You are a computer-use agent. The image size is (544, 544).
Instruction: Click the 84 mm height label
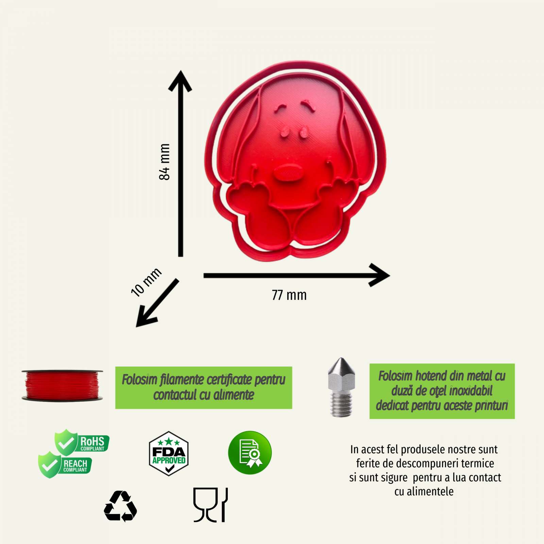pyautogui.click(x=164, y=162)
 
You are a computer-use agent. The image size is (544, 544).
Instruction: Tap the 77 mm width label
pyautogui.click(x=289, y=295)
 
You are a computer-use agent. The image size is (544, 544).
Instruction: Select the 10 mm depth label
pyautogui.click(x=146, y=282)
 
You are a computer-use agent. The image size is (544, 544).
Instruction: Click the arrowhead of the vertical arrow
pyautogui.click(x=180, y=81)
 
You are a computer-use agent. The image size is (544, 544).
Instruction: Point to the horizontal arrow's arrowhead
pyautogui.click(x=379, y=275)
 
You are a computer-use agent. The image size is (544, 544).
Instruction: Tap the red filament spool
pyautogui.click(x=62, y=386)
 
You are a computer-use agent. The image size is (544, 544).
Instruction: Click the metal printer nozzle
pyautogui.click(x=341, y=387)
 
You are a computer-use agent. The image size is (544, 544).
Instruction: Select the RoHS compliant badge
pyautogui.click(x=82, y=442)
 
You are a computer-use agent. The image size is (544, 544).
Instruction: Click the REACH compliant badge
pyautogui.click(x=65, y=465)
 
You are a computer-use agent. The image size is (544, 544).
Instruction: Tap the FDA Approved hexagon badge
pyautogui.click(x=169, y=454)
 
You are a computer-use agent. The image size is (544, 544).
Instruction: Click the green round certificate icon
pyautogui.click(x=250, y=453)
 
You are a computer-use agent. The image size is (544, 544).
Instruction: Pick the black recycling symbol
pyautogui.click(x=120, y=506)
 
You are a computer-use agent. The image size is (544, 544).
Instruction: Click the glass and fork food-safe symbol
pyautogui.click(x=210, y=505)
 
